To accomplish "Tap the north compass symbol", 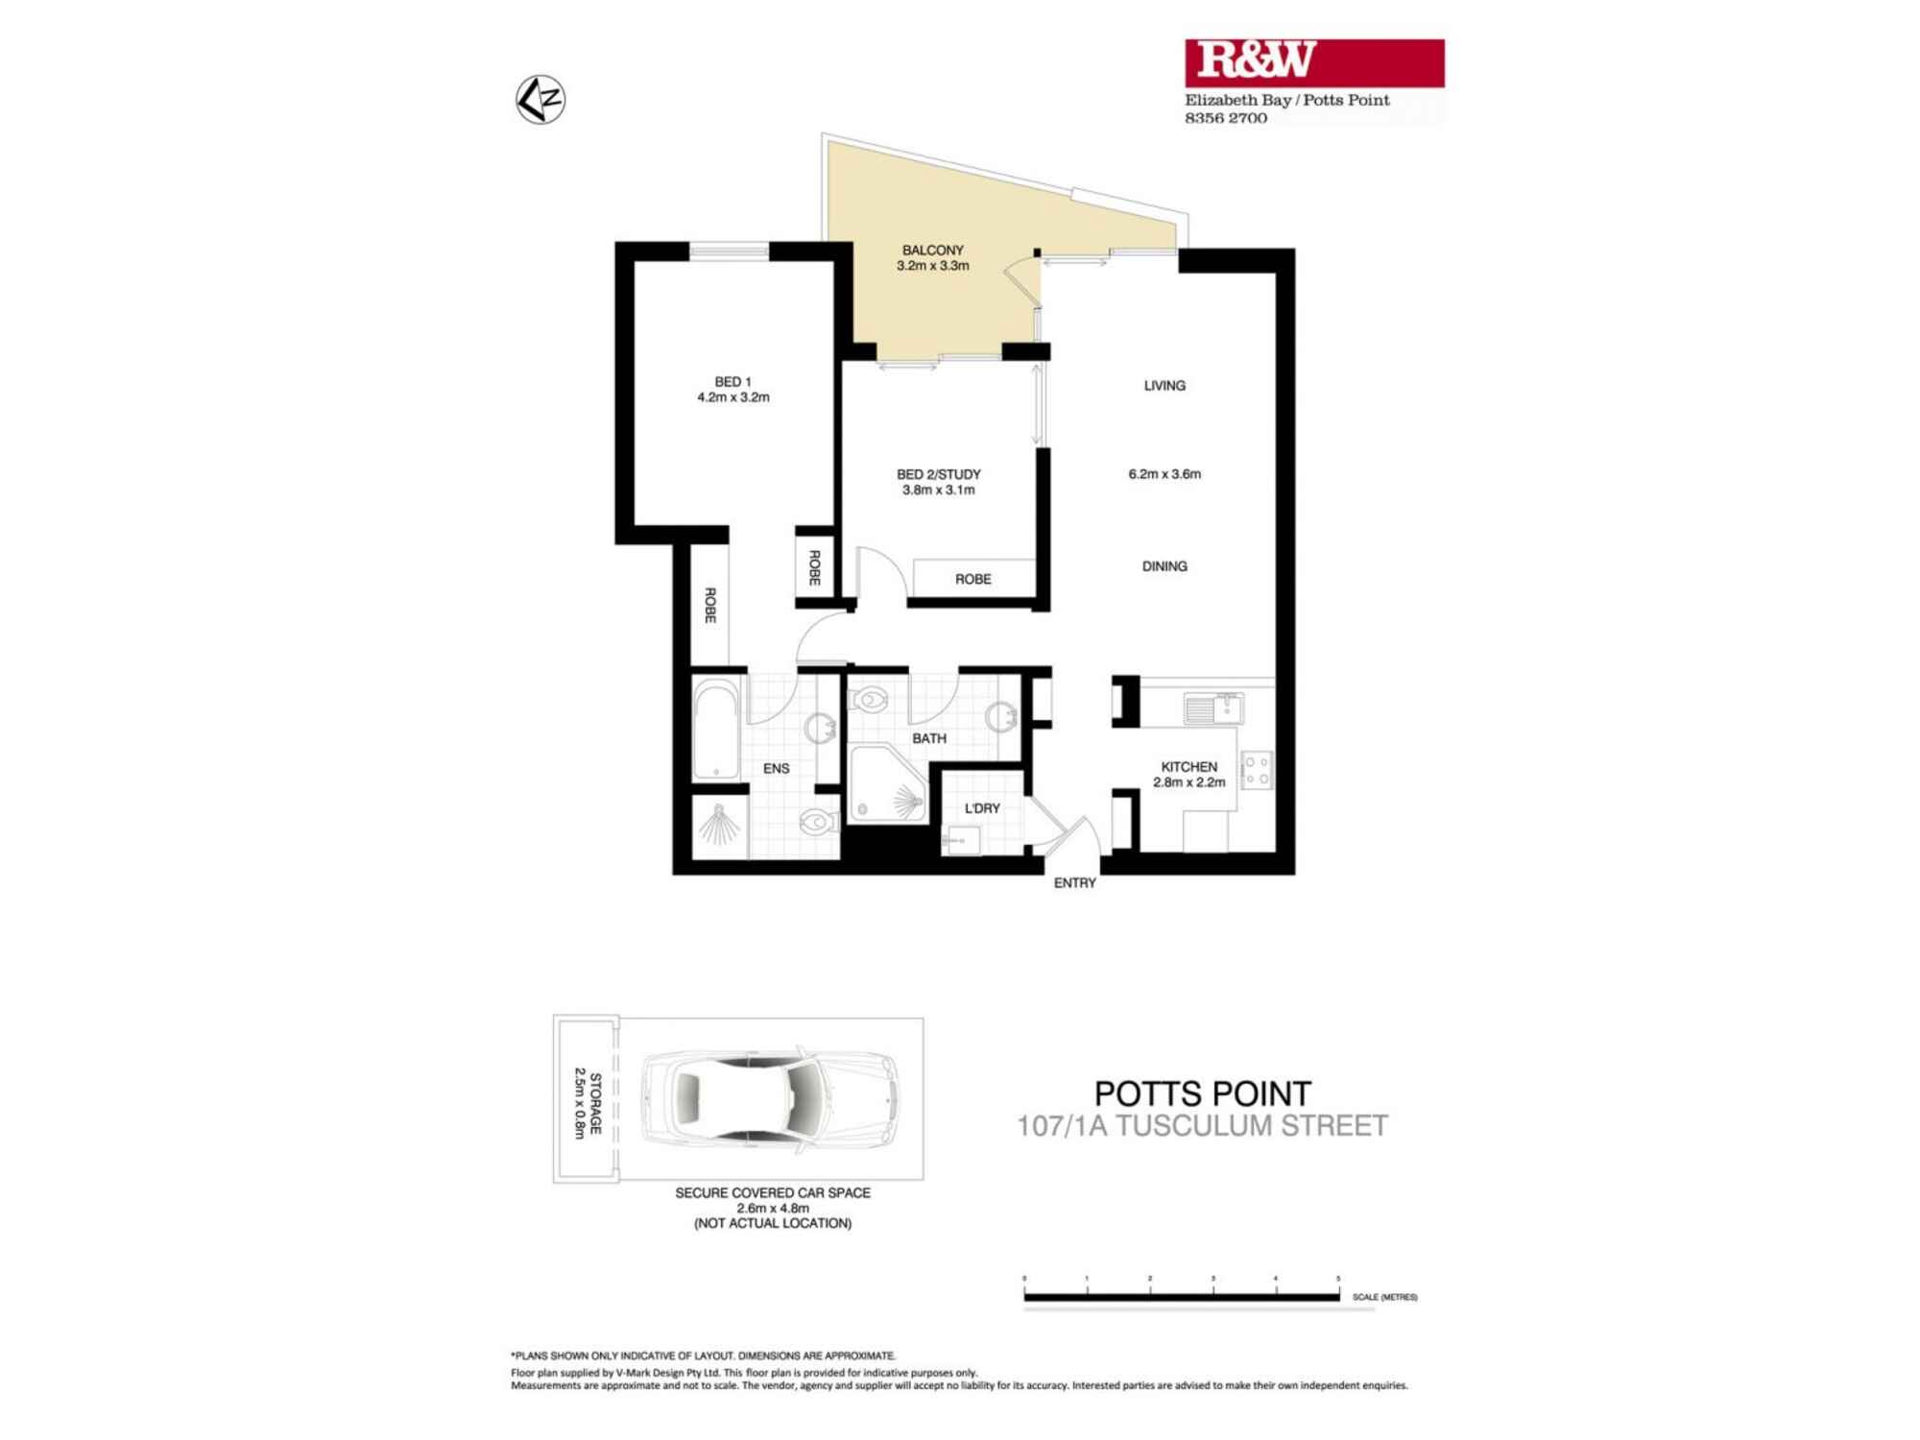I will click(540, 100).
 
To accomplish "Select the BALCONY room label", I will click(932, 251).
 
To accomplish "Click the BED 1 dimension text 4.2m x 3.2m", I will click(733, 397).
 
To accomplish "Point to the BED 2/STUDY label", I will click(938, 474).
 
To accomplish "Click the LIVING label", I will click(1164, 386).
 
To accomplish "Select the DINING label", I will click(1164, 566).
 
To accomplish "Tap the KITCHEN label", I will click(1188, 767).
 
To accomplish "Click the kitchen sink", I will click(1213, 709).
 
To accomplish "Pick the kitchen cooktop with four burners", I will click(1257, 769).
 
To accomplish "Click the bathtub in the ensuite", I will click(716, 730).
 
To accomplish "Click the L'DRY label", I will click(982, 808).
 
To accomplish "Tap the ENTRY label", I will click(1074, 883).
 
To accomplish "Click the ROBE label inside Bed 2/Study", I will click(972, 579).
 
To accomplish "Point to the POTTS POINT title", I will click(1203, 1093).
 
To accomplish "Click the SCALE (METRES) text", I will click(1384, 1297).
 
